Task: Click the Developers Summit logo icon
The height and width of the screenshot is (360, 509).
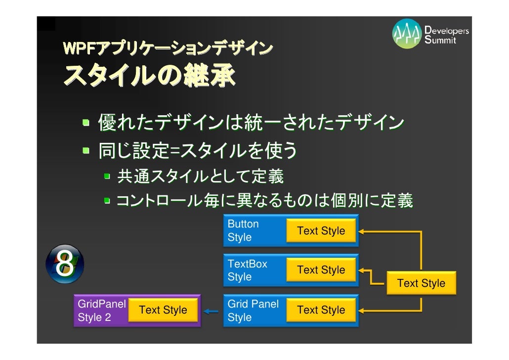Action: (x=407, y=34)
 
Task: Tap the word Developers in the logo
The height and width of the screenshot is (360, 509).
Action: (x=447, y=31)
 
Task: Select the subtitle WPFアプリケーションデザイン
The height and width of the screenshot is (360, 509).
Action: (x=168, y=48)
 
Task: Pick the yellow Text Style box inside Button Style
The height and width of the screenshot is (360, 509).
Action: (x=321, y=231)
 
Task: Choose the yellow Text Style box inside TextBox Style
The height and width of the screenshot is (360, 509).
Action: (x=321, y=270)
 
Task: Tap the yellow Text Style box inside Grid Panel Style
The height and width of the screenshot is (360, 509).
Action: (x=321, y=310)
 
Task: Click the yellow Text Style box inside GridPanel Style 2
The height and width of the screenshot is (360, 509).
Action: (x=163, y=310)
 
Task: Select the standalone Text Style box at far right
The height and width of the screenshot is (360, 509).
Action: (x=421, y=283)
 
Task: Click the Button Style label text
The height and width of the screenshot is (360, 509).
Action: (x=243, y=230)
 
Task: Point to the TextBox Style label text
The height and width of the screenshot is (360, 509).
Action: (x=247, y=270)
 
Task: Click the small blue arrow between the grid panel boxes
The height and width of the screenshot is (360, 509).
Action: (x=211, y=311)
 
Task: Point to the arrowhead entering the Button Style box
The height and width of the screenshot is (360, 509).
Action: (x=361, y=231)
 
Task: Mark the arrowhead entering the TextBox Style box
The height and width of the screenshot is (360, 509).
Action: (x=361, y=270)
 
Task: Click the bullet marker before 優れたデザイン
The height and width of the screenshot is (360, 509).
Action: (x=87, y=123)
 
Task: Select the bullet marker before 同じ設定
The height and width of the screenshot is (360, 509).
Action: (x=87, y=151)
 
